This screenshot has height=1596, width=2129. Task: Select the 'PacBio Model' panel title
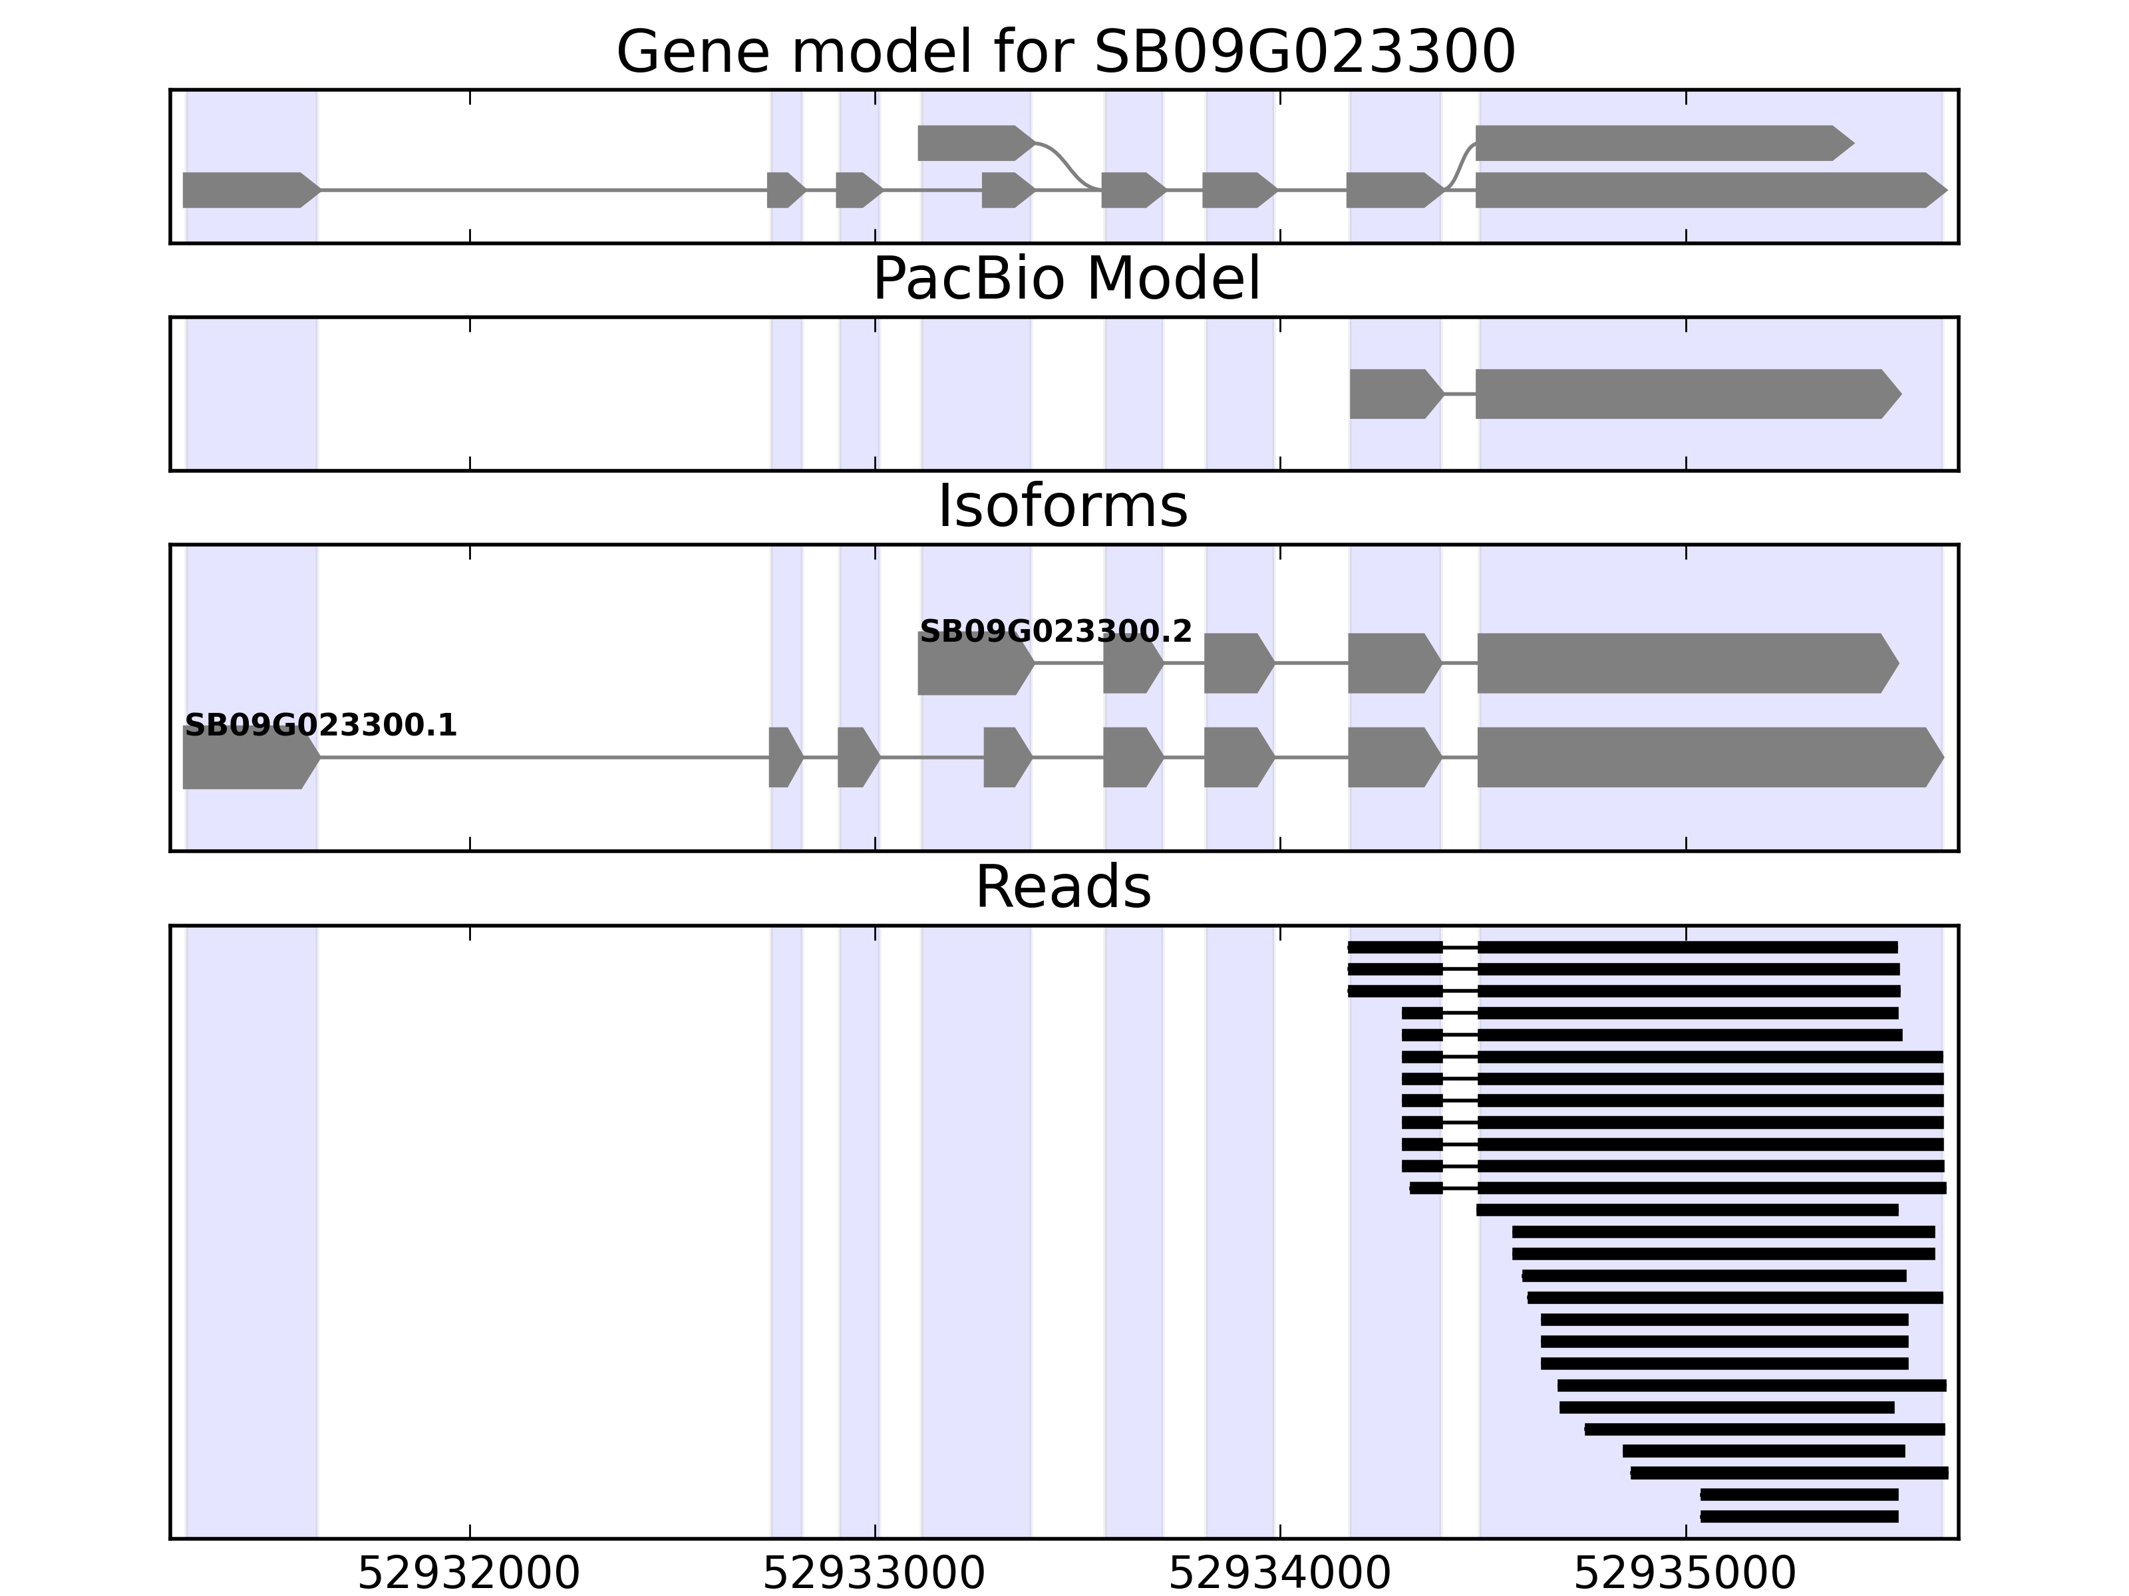coord(1065,279)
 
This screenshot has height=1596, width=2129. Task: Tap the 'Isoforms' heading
coord(1063,506)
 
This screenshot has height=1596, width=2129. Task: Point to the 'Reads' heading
coord(1063,887)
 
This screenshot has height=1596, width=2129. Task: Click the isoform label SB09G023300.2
coord(1056,632)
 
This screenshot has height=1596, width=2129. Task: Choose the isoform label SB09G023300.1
coord(321,726)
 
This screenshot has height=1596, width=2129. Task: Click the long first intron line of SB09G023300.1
coord(544,758)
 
